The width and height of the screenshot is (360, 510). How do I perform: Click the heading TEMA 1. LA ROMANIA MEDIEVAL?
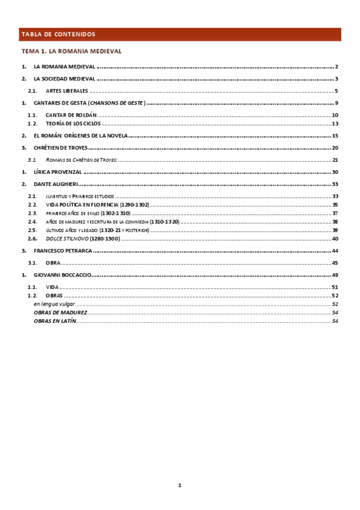72,52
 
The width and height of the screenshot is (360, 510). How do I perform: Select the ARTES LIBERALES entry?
67,91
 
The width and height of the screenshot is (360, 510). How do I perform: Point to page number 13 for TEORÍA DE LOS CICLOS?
335,124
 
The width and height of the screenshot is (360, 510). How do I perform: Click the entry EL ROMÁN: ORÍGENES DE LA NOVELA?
80,136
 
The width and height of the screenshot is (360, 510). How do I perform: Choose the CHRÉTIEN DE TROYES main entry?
61,148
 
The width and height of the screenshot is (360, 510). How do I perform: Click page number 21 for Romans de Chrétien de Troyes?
335,161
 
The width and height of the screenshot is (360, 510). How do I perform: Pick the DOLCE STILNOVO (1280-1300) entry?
83,239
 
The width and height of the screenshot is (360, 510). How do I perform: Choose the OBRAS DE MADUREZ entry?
60,313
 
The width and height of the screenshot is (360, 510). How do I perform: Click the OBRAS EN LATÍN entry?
55,321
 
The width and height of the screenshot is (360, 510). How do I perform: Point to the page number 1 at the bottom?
179,485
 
